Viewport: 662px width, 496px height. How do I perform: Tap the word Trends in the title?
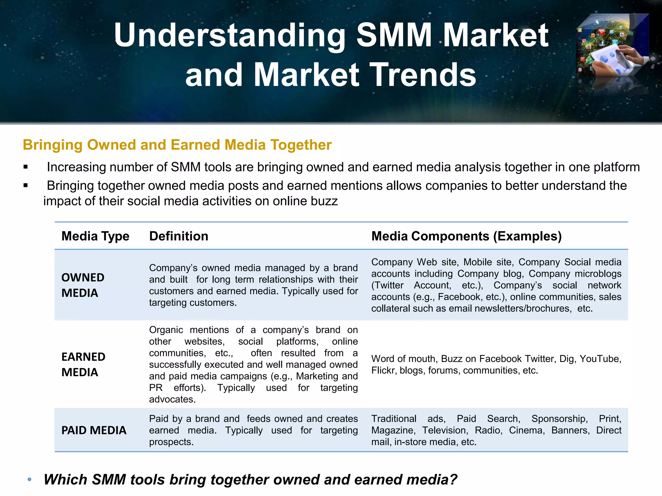422,75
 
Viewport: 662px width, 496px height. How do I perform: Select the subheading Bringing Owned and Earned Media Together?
177,145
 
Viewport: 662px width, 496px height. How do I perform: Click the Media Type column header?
95,236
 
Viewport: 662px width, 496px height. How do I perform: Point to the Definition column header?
179,236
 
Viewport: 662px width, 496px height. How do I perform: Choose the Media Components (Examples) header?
466,236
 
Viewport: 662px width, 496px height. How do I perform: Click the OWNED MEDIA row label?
83,285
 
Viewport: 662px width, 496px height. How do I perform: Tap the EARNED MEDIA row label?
83,365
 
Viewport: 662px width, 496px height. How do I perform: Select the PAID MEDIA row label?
94,430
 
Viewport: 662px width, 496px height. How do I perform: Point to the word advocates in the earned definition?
172,399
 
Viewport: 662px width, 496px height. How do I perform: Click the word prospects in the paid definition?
171,442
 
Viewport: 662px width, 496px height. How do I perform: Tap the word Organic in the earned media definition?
166,330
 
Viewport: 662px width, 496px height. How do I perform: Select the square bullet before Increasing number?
26,167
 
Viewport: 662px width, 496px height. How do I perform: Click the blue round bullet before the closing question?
29,480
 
